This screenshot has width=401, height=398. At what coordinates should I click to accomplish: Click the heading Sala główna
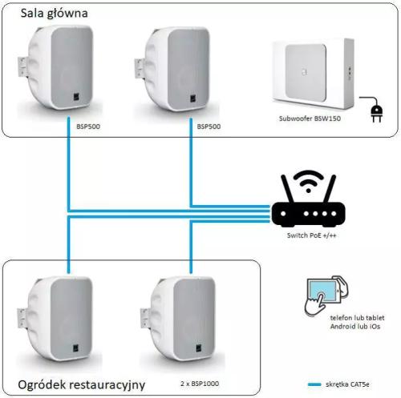tap(54, 14)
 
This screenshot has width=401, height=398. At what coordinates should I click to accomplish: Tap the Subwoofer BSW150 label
tap(310, 119)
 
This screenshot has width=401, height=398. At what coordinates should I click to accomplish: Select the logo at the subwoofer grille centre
tap(304, 72)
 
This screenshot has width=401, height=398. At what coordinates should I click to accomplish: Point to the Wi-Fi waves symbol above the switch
tap(308, 181)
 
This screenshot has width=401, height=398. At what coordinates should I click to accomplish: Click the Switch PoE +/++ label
tap(311, 235)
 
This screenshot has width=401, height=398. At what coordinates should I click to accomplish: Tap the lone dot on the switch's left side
tap(283, 214)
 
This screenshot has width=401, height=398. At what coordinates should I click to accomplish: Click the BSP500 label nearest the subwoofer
tap(209, 127)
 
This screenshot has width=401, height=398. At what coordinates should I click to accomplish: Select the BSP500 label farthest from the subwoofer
tap(88, 127)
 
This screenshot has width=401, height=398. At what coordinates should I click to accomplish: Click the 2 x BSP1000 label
tap(200, 384)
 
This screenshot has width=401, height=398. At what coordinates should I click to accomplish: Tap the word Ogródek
tap(43, 385)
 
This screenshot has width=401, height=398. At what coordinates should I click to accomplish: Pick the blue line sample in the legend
tap(314, 384)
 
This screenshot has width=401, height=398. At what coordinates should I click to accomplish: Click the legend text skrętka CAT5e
tap(347, 384)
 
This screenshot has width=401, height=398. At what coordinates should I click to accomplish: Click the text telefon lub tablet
tap(357, 318)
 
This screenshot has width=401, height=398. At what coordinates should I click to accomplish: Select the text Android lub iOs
tap(355, 327)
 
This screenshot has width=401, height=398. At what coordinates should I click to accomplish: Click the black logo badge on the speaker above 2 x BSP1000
tap(199, 348)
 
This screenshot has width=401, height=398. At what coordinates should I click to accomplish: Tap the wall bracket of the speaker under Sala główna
tap(22, 67)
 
